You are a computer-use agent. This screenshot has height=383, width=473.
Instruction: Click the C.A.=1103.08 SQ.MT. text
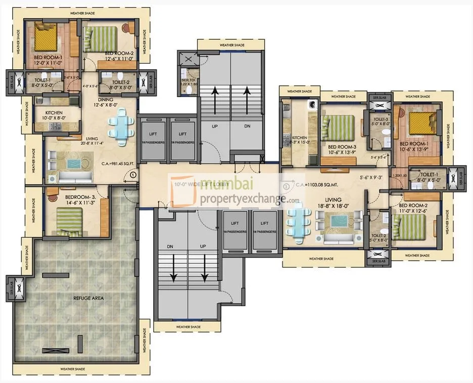[319, 185]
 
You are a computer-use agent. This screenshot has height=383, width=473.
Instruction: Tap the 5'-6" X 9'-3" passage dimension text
[371, 178]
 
